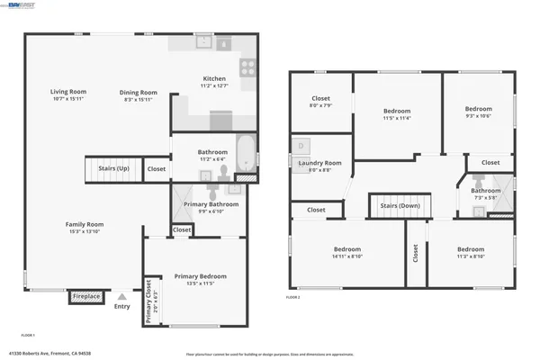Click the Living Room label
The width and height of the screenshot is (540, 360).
(67, 91)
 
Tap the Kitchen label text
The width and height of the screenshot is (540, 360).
(214, 80)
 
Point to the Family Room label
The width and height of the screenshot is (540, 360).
(84, 224)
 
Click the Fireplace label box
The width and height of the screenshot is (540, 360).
(86, 295)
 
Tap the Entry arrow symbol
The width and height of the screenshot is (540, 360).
(121, 295)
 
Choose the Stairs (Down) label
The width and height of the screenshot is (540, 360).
(400, 205)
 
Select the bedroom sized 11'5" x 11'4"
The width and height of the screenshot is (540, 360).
(396, 112)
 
